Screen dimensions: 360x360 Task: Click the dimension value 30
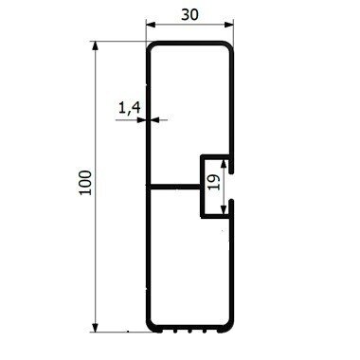[x=190, y=14]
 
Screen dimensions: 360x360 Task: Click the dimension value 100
[x=85, y=183]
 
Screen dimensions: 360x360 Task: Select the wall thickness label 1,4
[x=129, y=109]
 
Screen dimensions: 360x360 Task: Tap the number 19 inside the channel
[x=214, y=182]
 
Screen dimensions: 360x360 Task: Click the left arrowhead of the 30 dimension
[x=150, y=25]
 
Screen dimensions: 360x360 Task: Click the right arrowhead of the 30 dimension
[x=229, y=25]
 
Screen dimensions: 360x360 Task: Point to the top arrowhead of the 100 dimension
[x=95, y=45]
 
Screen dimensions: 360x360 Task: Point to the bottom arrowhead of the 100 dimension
[x=95, y=328]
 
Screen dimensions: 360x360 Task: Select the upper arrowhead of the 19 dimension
[x=224, y=164]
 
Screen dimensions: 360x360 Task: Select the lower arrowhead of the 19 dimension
[x=224, y=210]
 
